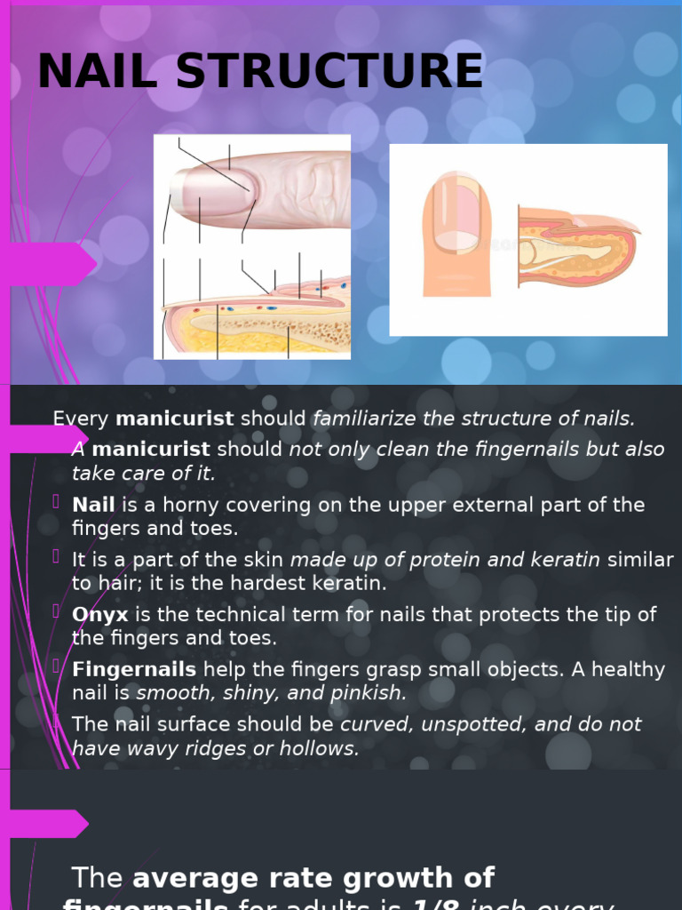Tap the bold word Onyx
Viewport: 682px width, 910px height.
[x=100, y=615]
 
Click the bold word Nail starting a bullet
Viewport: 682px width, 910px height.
[x=93, y=505]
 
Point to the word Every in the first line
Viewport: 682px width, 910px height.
[x=81, y=419]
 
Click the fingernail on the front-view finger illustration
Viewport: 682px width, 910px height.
[x=456, y=214]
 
